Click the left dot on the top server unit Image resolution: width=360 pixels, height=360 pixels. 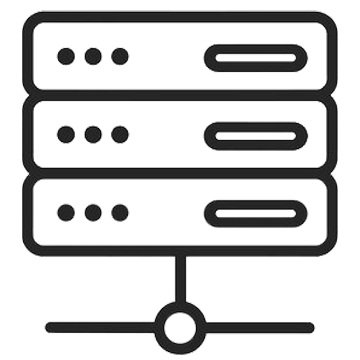67,55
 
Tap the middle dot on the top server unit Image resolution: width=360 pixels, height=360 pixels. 93,55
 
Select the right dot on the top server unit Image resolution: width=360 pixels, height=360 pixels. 119,55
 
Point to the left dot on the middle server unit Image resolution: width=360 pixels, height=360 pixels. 67,134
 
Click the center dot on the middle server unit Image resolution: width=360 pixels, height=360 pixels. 93,134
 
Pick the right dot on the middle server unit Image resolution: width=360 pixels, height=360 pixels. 119,134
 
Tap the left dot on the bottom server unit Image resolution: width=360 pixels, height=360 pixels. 67,213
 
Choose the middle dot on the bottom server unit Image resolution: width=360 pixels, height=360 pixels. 93,213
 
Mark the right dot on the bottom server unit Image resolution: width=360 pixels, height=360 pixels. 119,213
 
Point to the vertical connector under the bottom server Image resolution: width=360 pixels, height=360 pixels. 180,280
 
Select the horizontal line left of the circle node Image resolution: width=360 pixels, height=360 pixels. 100,326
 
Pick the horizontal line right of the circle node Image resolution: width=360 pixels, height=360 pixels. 260,326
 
